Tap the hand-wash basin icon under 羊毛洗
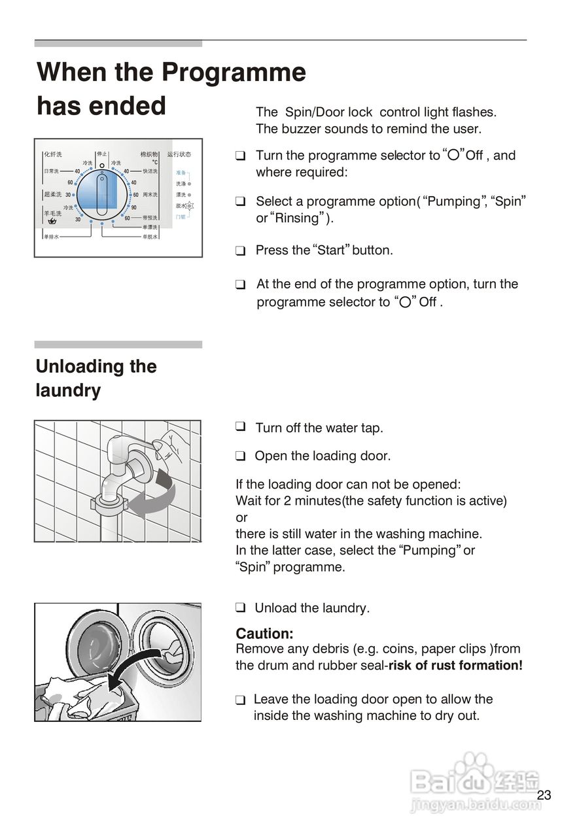(x=52, y=221)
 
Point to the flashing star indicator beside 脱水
(x=190, y=205)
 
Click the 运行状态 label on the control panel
(x=179, y=155)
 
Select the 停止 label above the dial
(x=102, y=154)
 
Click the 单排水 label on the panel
(x=51, y=237)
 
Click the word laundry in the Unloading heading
(x=68, y=390)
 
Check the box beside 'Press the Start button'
(x=241, y=250)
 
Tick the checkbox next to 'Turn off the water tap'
(x=241, y=427)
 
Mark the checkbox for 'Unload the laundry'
(x=241, y=607)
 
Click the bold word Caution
(x=264, y=634)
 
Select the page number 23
(x=544, y=795)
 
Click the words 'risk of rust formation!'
(x=455, y=666)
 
